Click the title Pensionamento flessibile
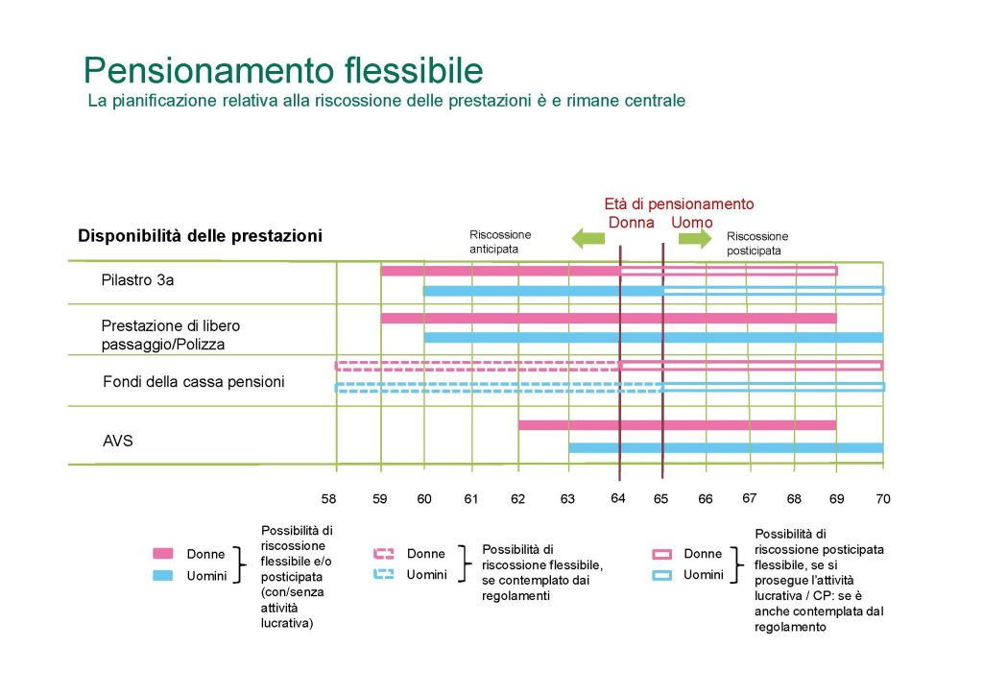click(283, 70)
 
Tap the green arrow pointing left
click(588, 238)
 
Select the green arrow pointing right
click(695, 238)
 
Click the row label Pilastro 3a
click(137, 280)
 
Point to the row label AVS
click(118, 441)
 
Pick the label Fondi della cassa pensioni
click(194, 382)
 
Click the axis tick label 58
click(328, 499)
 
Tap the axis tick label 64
click(618, 498)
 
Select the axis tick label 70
click(883, 499)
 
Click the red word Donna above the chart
click(632, 223)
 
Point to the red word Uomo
click(692, 223)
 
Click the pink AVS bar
click(678, 425)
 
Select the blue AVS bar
click(726, 448)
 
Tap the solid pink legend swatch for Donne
click(163, 553)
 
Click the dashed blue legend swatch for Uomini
click(384, 574)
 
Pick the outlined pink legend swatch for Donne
click(662, 554)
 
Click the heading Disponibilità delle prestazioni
click(200, 236)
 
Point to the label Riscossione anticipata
click(500, 242)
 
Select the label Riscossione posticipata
click(757, 244)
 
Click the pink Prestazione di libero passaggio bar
click(609, 319)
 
